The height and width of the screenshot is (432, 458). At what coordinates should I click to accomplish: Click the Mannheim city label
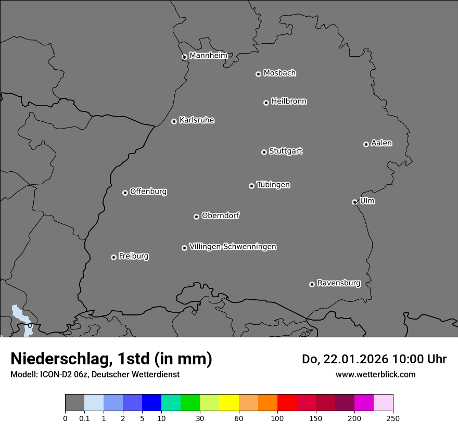click(x=208, y=56)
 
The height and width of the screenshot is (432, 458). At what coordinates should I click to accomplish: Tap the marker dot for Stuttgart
click(x=264, y=152)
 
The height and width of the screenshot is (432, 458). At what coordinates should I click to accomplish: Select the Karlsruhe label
click(x=197, y=120)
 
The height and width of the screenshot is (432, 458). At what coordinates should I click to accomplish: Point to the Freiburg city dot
click(x=113, y=257)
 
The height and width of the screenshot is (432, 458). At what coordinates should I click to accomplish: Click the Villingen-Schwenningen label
click(x=233, y=247)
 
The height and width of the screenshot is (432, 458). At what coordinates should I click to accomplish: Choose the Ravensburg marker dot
click(x=312, y=284)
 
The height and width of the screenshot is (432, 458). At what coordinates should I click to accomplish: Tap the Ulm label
click(x=367, y=201)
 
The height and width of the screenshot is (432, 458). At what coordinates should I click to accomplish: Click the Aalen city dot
click(x=366, y=144)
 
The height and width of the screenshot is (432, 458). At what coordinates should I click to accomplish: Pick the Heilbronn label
click(x=289, y=101)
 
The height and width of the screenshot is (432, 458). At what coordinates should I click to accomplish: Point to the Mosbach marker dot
click(x=258, y=74)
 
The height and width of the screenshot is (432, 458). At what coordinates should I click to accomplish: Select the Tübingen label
click(x=273, y=185)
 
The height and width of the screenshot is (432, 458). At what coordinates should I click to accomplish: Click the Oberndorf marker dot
click(x=196, y=217)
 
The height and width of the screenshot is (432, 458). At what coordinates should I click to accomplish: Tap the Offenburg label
click(x=148, y=192)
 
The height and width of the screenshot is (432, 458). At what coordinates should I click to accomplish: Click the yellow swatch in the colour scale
click(x=229, y=403)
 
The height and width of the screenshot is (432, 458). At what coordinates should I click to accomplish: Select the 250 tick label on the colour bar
click(x=393, y=418)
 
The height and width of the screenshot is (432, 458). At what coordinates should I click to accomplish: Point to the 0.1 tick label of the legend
click(x=84, y=418)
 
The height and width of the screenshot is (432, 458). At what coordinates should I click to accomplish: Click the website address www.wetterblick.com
click(x=375, y=374)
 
